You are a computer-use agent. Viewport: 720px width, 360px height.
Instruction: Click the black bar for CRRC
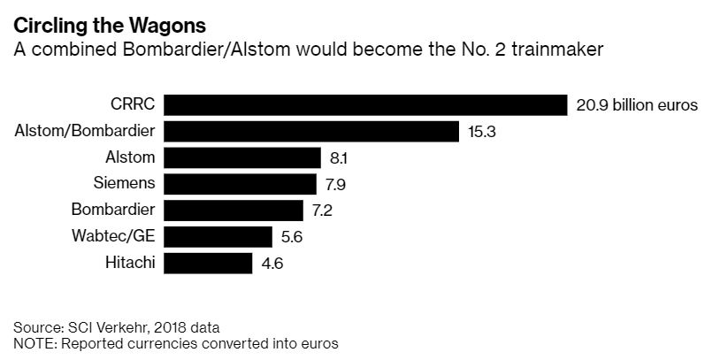point(365,105)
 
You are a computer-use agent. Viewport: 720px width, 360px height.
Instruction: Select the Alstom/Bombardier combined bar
point(311,132)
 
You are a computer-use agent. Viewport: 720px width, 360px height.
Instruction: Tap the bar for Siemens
point(240,184)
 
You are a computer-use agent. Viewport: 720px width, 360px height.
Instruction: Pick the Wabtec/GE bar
point(218,236)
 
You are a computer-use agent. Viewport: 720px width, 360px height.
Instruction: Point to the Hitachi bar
point(209,263)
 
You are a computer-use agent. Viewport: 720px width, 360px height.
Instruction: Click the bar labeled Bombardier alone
point(234,211)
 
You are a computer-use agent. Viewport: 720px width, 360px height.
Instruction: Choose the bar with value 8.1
point(242,158)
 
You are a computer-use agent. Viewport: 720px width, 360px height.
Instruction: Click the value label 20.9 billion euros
point(637,105)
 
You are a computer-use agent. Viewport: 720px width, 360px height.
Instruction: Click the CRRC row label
point(134,104)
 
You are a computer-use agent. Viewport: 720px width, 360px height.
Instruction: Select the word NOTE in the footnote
point(34,342)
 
